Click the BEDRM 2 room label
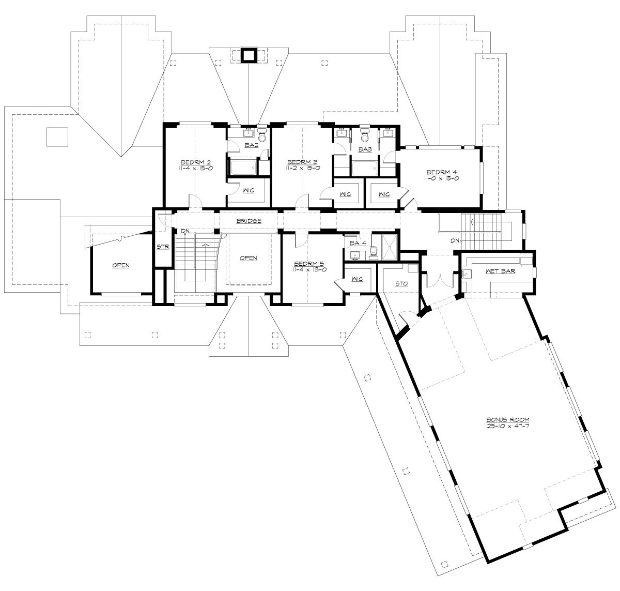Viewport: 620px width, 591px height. coord(196,161)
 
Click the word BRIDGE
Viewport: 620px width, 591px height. coord(249,221)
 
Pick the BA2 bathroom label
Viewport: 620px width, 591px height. coord(252,145)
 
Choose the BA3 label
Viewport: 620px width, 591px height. coord(365,149)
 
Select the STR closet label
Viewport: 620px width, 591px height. coord(163,247)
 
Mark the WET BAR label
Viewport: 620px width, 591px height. coord(500,271)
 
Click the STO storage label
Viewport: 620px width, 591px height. coord(401,283)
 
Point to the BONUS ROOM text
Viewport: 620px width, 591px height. coord(508,419)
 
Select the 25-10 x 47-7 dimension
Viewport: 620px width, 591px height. coord(508,426)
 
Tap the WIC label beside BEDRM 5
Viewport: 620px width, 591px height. coord(357,279)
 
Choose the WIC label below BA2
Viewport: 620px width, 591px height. coord(249,191)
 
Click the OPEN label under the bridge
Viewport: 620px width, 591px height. coord(249,258)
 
